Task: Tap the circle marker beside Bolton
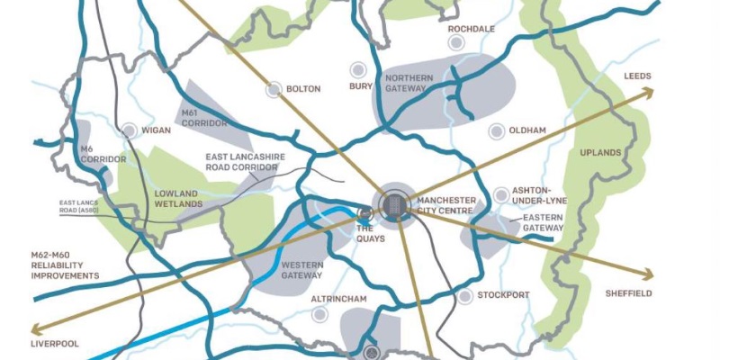(274, 89)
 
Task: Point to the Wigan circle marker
(129, 130)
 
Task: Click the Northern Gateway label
(409, 84)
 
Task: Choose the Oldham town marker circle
(494, 131)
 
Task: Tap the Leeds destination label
(637, 76)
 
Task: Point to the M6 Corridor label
(103, 153)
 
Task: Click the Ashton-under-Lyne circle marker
(500, 194)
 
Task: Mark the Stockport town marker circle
(464, 295)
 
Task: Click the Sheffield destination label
(628, 293)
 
